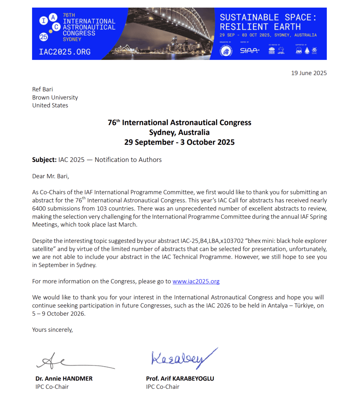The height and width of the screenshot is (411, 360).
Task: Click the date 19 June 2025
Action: click(x=309, y=73)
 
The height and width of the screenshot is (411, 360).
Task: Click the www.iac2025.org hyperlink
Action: click(x=196, y=281)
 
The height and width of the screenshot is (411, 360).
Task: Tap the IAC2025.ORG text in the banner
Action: click(x=65, y=52)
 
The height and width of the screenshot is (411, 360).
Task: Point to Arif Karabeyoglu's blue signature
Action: click(x=183, y=358)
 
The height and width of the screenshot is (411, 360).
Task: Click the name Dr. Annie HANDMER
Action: click(x=64, y=378)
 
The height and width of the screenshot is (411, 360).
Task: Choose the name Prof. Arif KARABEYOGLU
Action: click(x=180, y=378)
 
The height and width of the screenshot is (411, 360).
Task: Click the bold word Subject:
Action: click(x=44, y=160)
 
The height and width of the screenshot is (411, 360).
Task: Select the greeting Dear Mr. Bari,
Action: click(x=51, y=176)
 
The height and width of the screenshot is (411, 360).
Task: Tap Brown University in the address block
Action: click(x=55, y=97)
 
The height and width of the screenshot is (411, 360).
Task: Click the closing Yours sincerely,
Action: click(x=52, y=330)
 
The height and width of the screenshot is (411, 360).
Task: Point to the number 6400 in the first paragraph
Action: click(x=39, y=209)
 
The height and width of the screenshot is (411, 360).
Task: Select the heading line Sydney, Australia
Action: click(x=179, y=132)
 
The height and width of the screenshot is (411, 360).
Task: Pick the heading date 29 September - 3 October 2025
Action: click(x=179, y=142)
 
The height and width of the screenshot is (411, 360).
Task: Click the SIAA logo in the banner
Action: click(x=249, y=50)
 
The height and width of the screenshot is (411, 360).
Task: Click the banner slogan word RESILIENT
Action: click(x=244, y=27)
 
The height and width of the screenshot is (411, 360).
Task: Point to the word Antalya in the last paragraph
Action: click(x=277, y=306)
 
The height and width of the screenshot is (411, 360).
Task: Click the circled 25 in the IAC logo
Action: click(x=44, y=37)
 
